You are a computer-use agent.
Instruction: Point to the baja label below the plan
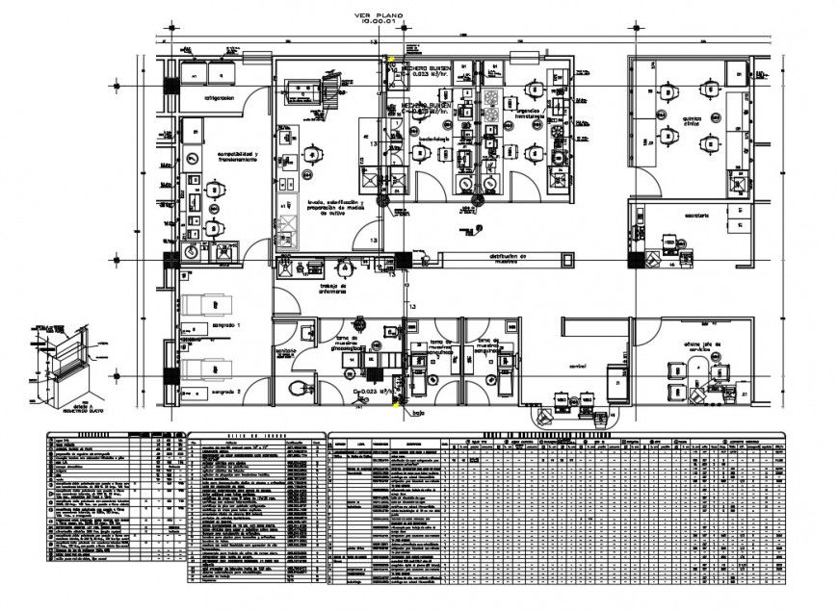pyautogui.click(x=417, y=415)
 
